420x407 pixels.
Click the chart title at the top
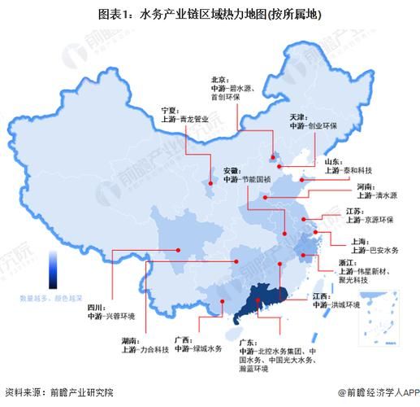210,15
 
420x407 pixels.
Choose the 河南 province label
366,186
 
